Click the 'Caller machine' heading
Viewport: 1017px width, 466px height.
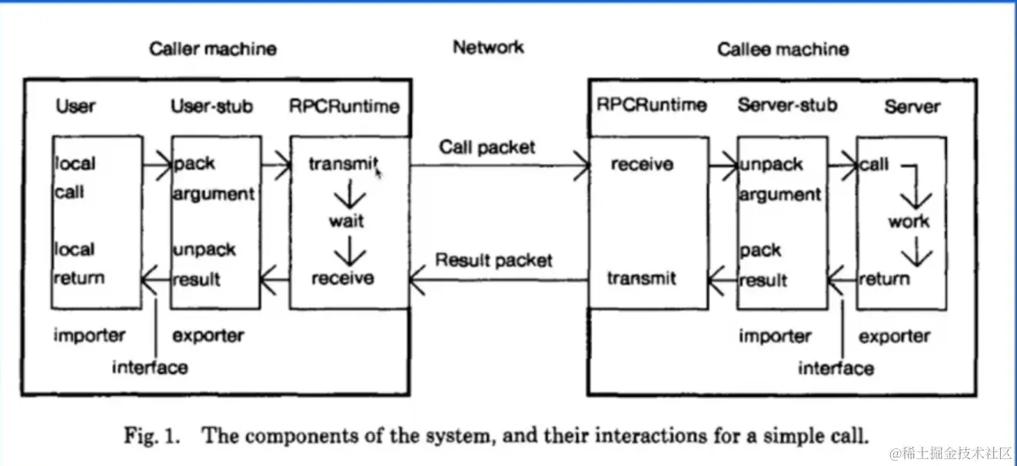[213, 50]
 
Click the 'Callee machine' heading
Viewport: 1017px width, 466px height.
[783, 50]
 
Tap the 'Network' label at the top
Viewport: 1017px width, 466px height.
[488, 48]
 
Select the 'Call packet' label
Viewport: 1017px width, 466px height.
[487, 147]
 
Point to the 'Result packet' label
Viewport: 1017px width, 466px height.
[494, 259]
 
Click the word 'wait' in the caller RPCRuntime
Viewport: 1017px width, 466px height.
[347, 221]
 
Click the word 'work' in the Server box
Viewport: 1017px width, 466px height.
[909, 221]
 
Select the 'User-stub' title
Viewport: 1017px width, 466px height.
[211, 106]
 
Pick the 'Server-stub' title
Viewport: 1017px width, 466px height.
[787, 105]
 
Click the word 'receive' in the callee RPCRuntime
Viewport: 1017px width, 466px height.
[642, 164]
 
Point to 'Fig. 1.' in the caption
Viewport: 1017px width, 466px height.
[152, 435]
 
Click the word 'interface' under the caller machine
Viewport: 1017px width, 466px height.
[150, 367]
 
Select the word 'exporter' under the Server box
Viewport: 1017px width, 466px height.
[894, 336]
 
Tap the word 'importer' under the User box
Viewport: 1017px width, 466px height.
[89, 335]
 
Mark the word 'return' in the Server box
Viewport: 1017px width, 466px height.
[884, 279]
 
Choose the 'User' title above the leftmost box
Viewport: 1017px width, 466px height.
[75, 106]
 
